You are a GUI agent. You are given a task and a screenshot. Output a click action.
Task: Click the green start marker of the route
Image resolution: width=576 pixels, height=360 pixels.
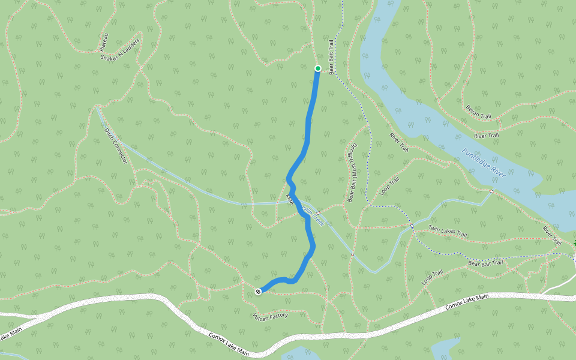[x=318, y=68]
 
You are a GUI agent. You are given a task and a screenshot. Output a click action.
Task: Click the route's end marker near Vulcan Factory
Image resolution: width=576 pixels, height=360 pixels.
[x=258, y=292]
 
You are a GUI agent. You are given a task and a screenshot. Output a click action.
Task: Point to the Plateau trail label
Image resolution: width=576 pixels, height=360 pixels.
[x=104, y=41]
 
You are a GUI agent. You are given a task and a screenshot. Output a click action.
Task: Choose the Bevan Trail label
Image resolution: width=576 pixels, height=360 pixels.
[x=478, y=112]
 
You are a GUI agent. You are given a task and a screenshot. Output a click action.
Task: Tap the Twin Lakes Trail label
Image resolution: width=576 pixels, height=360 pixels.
[x=448, y=232]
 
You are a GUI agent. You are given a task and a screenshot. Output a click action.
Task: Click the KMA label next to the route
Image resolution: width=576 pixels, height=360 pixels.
[x=290, y=199]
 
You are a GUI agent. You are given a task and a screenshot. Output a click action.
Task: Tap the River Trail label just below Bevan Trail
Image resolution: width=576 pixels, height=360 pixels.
[x=486, y=136]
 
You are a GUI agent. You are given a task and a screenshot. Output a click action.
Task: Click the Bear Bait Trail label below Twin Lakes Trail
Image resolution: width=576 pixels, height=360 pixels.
[x=486, y=263]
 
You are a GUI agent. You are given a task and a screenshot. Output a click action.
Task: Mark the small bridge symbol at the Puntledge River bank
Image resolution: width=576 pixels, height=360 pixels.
[x=491, y=191]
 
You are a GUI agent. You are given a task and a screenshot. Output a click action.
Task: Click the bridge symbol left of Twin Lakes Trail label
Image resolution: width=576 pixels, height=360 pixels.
[x=412, y=226]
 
